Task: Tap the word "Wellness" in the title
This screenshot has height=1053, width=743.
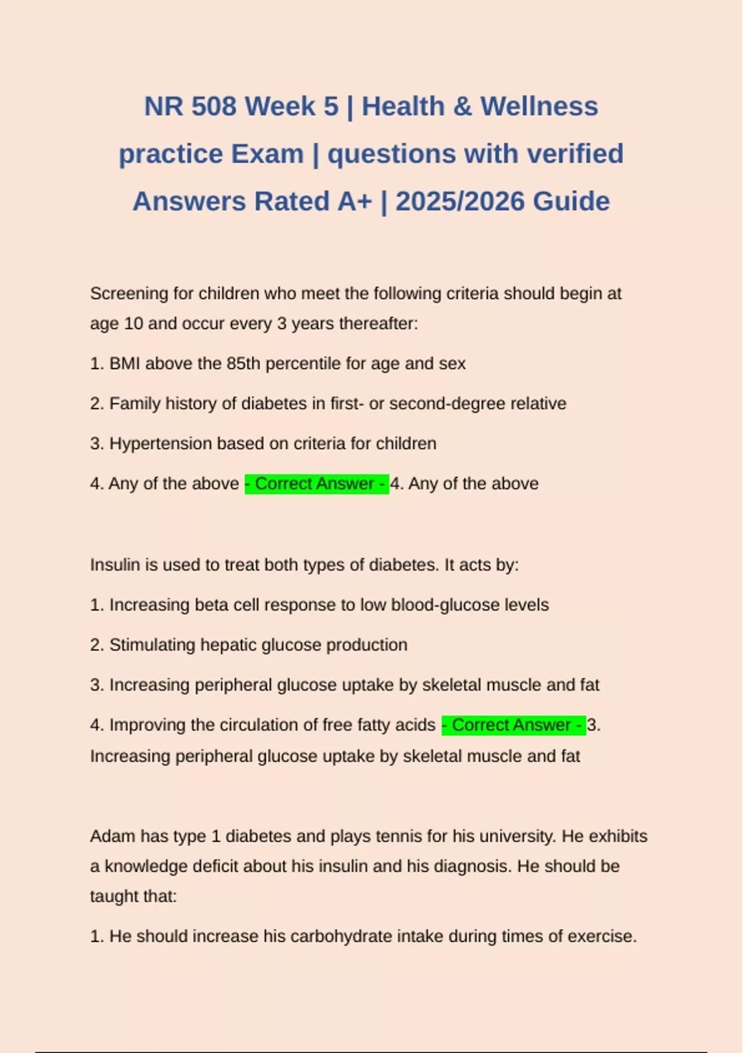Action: tap(539, 107)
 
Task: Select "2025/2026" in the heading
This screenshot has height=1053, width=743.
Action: tap(459, 201)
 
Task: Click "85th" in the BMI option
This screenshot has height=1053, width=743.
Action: tap(243, 364)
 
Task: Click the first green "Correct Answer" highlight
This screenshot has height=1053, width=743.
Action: tap(316, 484)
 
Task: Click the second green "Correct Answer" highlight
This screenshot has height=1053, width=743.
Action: tap(513, 725)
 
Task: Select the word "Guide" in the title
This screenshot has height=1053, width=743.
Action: tap(571, 201)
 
